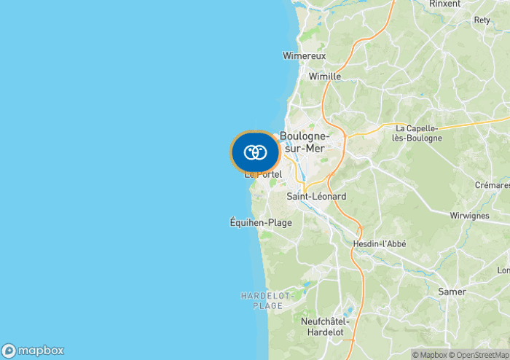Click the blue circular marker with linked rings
pyautogui.click(x=255, y=152)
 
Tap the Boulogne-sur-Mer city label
pyautogui.click(x=305, y=142)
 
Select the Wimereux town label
pyautogui.click(x=304, y=55)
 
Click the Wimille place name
pyautogui.click(x=324, y=76)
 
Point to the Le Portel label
pyautogui.click(x=263, y=174)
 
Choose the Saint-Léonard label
pyautogui.click(x=316, y=197)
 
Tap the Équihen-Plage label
pyautogui.click(x=261, y=222)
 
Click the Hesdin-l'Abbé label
pyautogui.click(x=379, y=243)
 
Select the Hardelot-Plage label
pyautogui.click(x=267, y=300)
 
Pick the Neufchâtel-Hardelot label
pyautogui.click(x=326, y=326)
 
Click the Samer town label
pyautogui.click(x=452, y=291)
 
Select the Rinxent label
pyautogui.click(x=444, y=4)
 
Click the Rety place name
pyautogui.click(x=482, y=20)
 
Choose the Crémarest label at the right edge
pyautogui.click(x=493, y=186)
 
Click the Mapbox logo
pyautogui.click(x=33, y=350)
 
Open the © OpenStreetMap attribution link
pyautogui.click(x=480, y=355)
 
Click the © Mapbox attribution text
pyautogui.click(x=430, y=355)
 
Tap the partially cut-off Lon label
pyautogui.click(x=503, y=270)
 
